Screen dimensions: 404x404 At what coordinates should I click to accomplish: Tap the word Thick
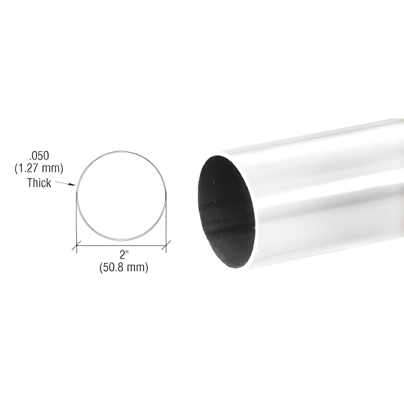[39, 183]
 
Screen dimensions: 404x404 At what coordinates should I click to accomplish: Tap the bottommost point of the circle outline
[122, 240]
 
